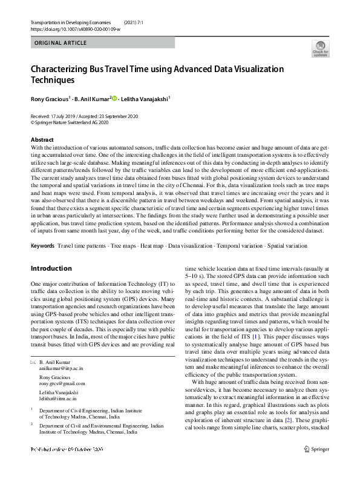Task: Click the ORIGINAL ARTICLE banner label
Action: click(x=61, y=43)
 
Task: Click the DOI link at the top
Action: click(x=75, y=28)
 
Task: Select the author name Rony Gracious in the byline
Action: click(x=50, y=99)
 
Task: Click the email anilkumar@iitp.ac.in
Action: click(x=62, y=368)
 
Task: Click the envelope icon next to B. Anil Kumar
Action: click(x=33, y=362)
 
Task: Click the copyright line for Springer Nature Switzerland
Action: click(x=69, y=122)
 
